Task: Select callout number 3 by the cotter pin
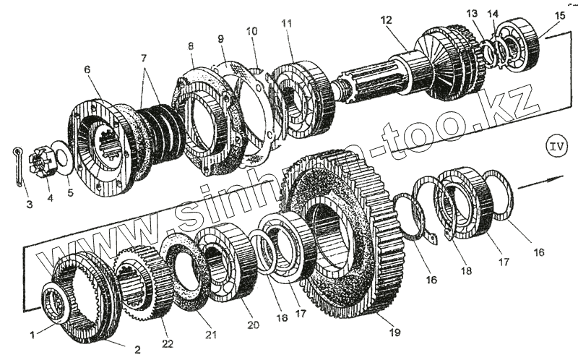(30, 205)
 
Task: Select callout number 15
(561, 15)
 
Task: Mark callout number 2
(137, 349)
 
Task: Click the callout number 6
(87, 69)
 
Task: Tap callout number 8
(191, 47)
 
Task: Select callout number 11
(287, 24)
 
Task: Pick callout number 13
(472, 13)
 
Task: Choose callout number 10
(251, 32)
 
